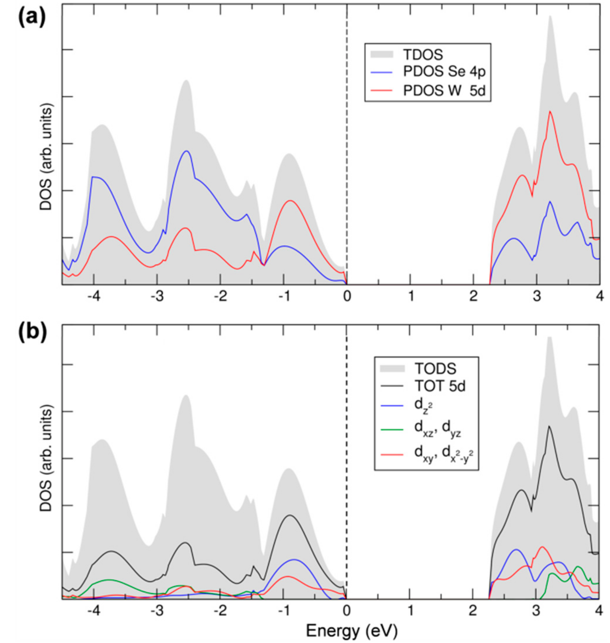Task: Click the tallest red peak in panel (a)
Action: [550, 111]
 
